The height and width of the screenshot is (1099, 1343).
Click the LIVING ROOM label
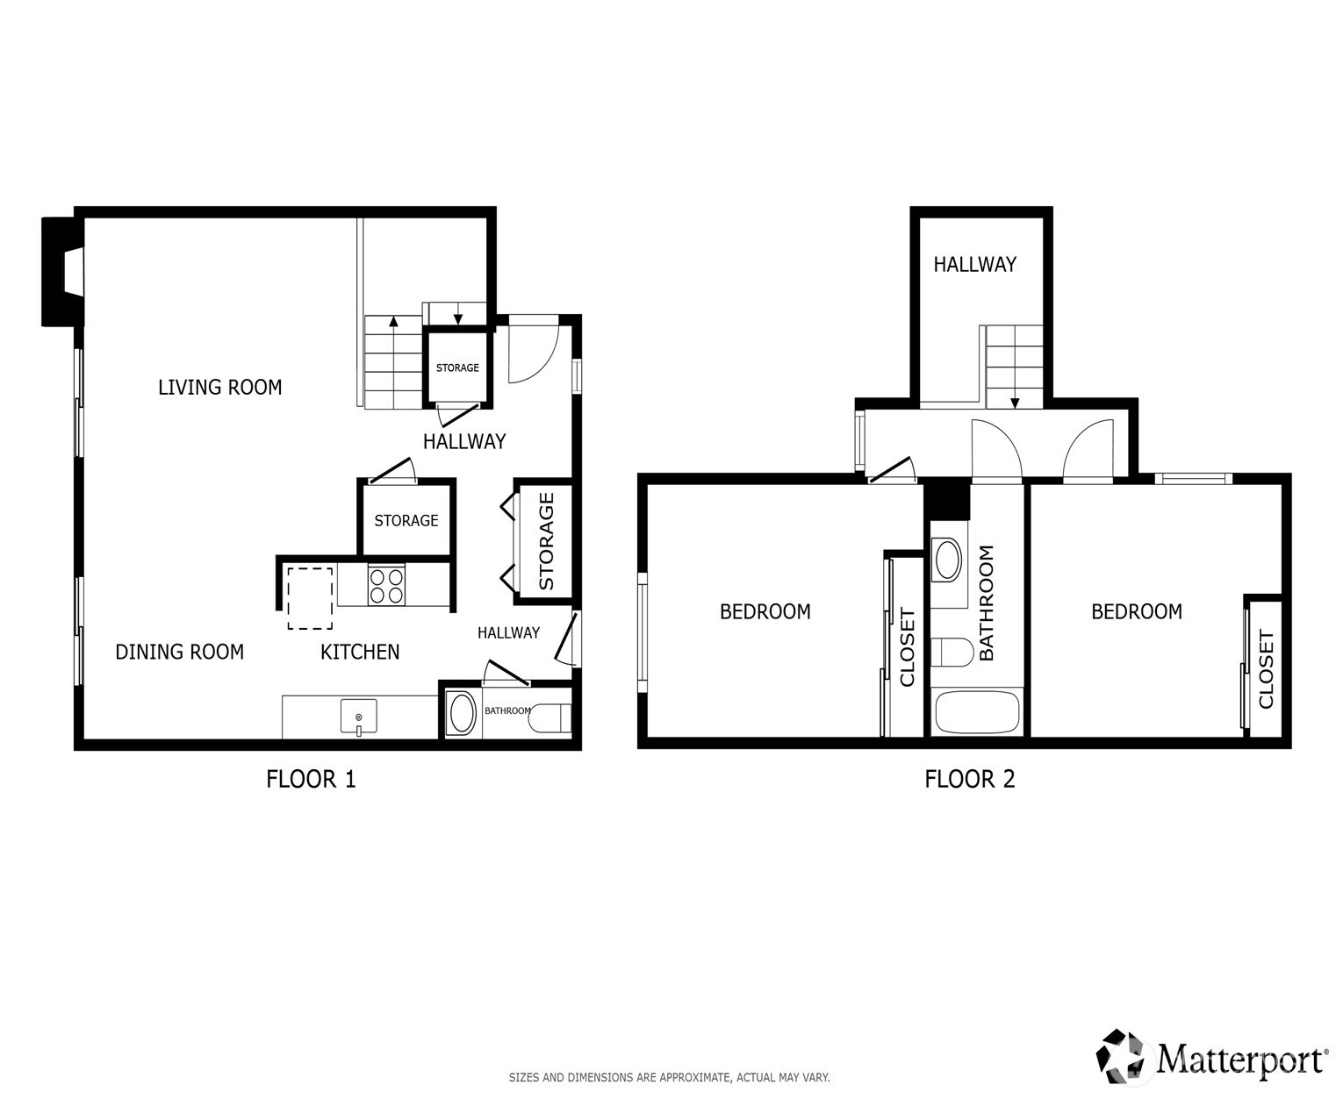tap(219, 387)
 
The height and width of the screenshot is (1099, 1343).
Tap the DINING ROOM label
tap(180, 652)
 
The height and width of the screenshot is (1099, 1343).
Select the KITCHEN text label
tap(360, 652)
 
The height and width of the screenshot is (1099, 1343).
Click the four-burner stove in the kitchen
tap(386, 585)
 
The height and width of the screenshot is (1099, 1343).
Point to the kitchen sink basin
tap(358, 716)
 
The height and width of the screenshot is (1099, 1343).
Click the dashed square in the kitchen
tap(310, 598)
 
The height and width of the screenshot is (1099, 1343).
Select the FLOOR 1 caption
tap(311, 779)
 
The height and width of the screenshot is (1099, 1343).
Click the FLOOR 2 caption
tap(970, 779)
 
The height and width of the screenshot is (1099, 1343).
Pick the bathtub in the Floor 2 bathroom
tap(977, 712)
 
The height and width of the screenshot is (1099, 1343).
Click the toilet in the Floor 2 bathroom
tap(952, 652)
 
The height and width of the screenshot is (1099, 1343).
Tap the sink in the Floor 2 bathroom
tap(947, 560)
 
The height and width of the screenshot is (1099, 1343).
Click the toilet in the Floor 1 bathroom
tap(550, 717)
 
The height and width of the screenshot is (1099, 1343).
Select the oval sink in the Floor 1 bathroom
tap(463, 713)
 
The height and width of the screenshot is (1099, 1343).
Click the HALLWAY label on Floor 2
tap(975, 264)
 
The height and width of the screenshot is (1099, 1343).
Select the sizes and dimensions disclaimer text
tap(669, 1077)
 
